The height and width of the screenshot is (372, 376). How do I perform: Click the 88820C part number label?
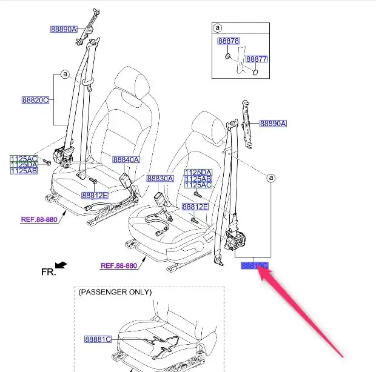pyautogui.click(x=35, y=100)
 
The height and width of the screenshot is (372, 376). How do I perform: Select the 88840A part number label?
pyautogui.click(x=126, y=160)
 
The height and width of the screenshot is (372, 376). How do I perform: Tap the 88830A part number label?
pyautogui.click(x=160, y=179)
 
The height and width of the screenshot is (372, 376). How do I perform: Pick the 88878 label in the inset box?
pyautogui.click(x=229, y=41)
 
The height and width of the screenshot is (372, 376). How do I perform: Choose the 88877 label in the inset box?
pyautogui.click(x=256, y=59)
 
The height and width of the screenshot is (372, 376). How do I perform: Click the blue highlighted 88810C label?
pyautogui.click(x=254, y=265)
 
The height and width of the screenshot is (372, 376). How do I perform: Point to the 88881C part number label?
pyautogui.click(x=98, y=339)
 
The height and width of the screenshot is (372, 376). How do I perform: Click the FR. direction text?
pyautogui.click(x=48, y=272)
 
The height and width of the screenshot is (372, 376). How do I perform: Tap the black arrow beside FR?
pyautogui.click(x=61, y=265)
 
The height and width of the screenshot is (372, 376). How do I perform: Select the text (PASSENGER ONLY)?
pyautogui.click(x=115, y=292)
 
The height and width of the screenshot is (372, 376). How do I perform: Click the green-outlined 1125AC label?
pyautogui.click(x=24, y=159)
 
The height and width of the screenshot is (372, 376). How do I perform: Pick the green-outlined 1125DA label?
pyautogui.click(x=24, y=165)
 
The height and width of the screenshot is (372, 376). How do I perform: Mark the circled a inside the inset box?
pyautogui.click(x=218, y=28)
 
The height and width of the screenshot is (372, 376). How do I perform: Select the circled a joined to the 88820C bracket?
pyautogui.click(x=64, y=75)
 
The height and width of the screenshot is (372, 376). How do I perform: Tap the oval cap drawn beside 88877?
pyautogui.click(x=254, y=72)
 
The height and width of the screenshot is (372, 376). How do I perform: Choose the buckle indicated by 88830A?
pyautogui.click(x=161, y=199)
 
